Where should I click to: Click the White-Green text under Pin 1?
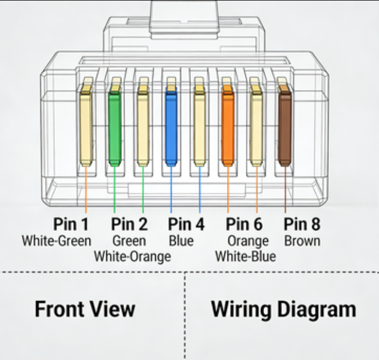click(x=57, y=241)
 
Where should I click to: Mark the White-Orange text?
click(x=132, y=256)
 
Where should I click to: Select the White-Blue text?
click(x=245, y=256)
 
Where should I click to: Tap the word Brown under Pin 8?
click(x=302, y=241)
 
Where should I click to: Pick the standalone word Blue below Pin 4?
click(x=181, y=241)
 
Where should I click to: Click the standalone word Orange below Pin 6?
click(x=247, y=241)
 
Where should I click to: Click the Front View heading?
click(x=85, y=310)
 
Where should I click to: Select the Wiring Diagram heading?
click(x=283, y=310)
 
